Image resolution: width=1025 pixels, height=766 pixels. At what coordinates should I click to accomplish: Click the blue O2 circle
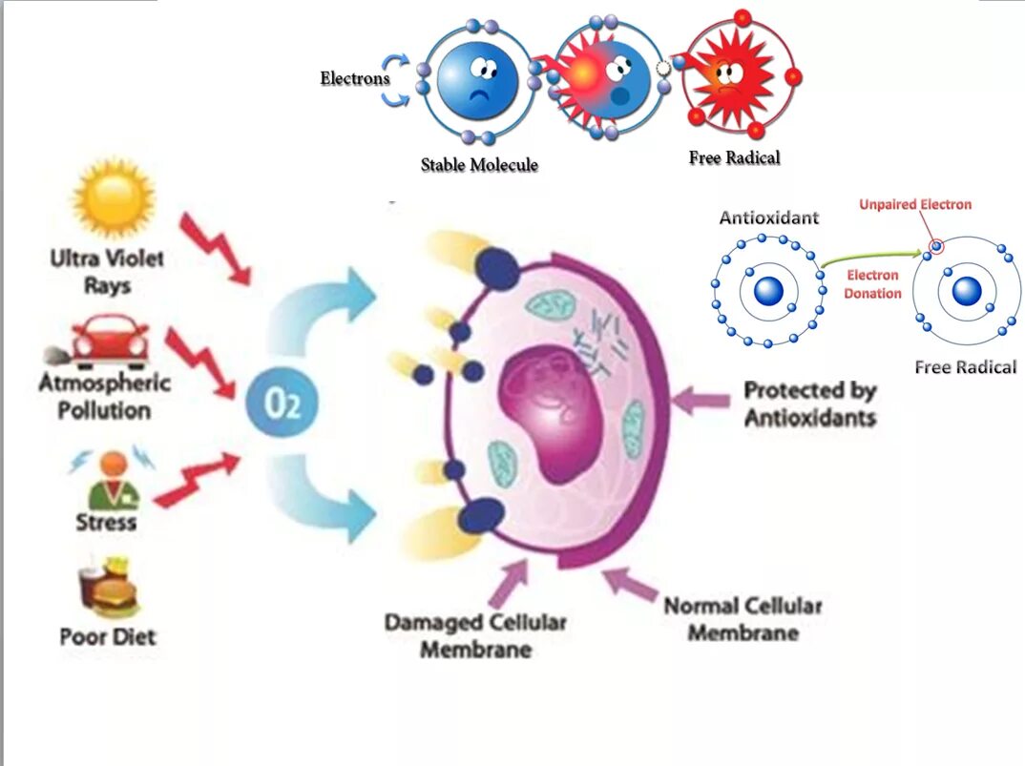[282, 404]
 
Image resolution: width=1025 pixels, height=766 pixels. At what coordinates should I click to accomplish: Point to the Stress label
[106, 522]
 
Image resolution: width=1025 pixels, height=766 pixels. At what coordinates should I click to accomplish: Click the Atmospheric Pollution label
[105, 397]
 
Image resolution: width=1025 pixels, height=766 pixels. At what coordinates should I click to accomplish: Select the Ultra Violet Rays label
[107, 272]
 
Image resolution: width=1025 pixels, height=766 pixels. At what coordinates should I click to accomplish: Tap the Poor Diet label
[108, 636]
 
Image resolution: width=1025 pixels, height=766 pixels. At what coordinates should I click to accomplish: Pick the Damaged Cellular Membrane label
[474, 635]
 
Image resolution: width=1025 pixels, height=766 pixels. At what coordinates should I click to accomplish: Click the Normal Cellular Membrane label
[743, 618]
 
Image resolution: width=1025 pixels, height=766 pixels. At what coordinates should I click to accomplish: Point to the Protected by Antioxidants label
[809, 404]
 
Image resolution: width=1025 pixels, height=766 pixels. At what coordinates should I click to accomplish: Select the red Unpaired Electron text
[914, 204]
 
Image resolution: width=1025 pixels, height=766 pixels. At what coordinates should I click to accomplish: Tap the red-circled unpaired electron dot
[937, 247]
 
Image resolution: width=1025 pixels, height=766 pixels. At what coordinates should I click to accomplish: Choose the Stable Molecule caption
[479, 165]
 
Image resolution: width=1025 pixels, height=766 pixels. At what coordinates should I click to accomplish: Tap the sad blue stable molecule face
[478, 80]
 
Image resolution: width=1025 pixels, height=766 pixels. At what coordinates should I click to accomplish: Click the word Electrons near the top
[355, 78]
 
